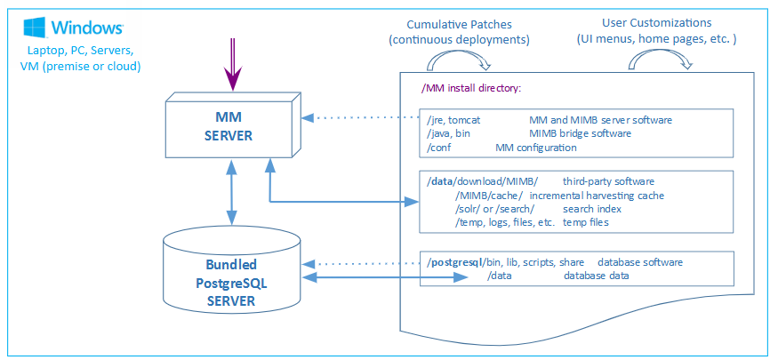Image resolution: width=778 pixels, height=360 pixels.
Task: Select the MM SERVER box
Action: click(x=229, y=127)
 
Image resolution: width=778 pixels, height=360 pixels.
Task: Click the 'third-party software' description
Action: click(x=608, y=181)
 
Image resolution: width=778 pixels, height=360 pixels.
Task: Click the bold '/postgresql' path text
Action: click(x=454, y=262)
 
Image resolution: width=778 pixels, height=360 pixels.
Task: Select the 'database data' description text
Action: click(x=596, y=276)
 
